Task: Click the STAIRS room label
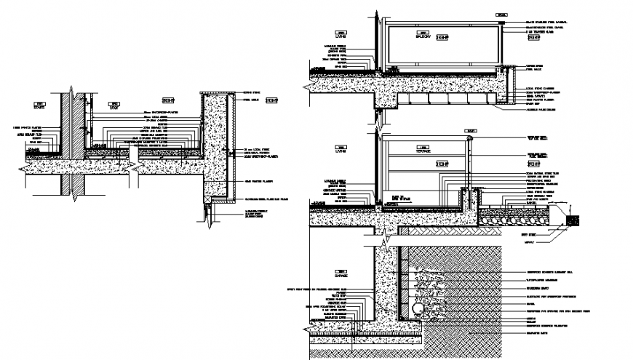(40, 108)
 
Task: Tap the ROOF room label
(114, 108)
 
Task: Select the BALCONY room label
(423, 36)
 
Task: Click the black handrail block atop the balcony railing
(502, 25)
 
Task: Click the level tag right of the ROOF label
(167, 100)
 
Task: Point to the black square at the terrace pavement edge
(572, 217)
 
